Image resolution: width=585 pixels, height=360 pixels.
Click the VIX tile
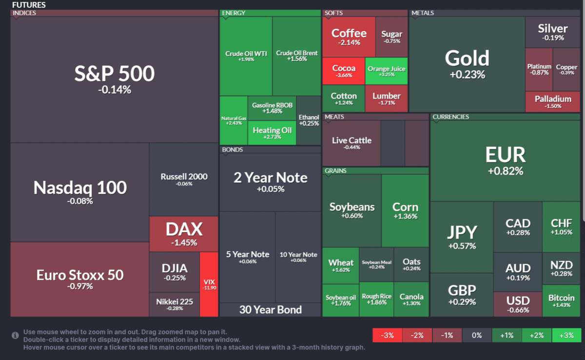[x=209, y=284]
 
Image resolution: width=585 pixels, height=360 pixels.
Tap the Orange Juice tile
[x=387, y=71]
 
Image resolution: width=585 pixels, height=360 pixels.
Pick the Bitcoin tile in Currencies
[x=561, y=300]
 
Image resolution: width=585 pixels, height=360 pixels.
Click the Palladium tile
[x=552, y=101]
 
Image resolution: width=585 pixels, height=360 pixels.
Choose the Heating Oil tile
[x=272, y=133]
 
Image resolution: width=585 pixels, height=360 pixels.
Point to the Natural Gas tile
[x=234, y=120]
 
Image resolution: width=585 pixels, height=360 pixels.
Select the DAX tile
[x=184, y=234]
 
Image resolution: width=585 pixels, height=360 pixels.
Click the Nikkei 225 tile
[x=175, y=304]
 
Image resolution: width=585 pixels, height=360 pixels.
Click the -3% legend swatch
[x=387, y=335]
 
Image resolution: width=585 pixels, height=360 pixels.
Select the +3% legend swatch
[x=566, y=335]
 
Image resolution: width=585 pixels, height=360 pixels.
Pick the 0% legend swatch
[x=477, y=335]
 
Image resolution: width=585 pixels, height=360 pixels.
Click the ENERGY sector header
[x=234, y=13]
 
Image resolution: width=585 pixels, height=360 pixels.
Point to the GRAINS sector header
[x=336, y=171]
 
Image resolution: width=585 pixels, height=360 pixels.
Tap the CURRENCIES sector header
[x=451, y=117]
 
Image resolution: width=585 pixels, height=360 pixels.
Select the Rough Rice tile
[x=376, y=299]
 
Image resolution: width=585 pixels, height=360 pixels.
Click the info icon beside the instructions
[x=16, y=335]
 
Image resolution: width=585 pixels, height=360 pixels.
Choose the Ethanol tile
[x=309, y=120]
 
